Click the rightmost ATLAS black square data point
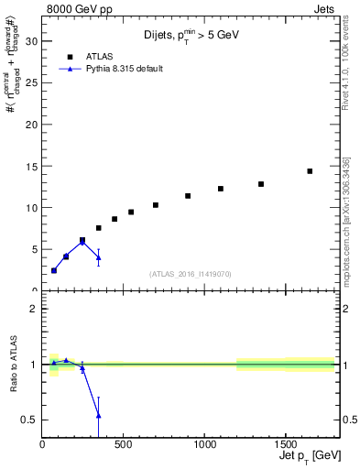pos(310,171)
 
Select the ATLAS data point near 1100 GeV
pos(221,189)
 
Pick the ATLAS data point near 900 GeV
pos(188,196)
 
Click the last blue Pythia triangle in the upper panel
pos(98,257)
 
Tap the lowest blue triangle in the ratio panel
pos(98,416)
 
